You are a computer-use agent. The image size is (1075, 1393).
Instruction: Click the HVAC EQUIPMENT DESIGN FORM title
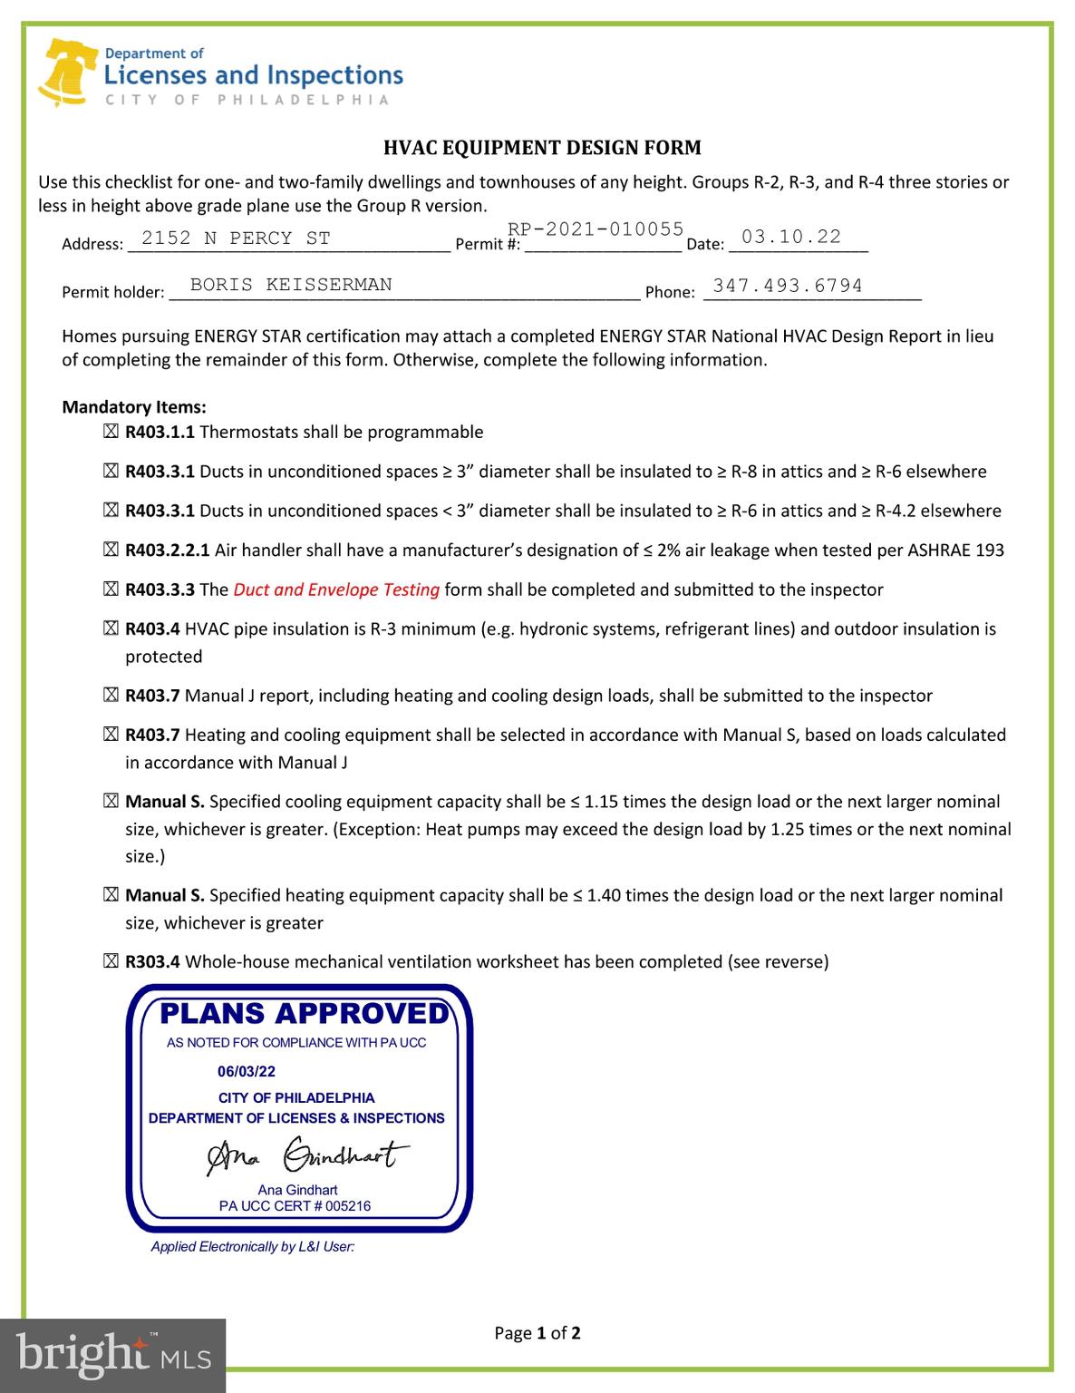tap(542, 148)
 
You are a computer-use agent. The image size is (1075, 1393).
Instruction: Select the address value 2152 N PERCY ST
tap(236, 239)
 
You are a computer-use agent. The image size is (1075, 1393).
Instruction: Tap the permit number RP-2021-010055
tap(596, 229)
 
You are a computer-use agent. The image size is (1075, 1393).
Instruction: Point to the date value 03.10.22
tap(791, 237)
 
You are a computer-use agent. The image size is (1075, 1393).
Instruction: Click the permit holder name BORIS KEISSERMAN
tap(291, 285)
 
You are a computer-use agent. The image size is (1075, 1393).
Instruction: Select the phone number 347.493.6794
tap(788, 286)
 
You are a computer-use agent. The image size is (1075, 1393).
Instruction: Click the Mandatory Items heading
tap(134, 407)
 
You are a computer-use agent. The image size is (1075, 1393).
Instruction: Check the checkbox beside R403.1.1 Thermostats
tap(111, 433)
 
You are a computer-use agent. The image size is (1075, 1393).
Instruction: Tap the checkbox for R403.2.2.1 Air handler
tap(111, 550)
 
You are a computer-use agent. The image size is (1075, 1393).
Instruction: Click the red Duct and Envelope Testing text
tap(336, 589)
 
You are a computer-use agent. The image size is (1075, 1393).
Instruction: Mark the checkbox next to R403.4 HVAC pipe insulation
tap(111, 629)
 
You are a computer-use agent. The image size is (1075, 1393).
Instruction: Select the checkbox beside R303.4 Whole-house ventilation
tap(111, 962)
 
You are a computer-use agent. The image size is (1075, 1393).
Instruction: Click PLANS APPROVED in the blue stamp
tap(304, 1014)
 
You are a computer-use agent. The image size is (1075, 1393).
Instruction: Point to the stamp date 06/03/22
tap(247, 1071)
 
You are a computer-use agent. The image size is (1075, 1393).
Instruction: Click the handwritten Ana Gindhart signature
tap(304, 1156)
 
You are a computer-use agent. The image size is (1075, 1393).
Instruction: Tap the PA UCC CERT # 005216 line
tap(295, 1206)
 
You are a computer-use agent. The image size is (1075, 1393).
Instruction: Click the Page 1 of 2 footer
tap(537, 1333)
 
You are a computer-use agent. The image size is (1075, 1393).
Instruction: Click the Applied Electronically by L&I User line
tap(252, 1247)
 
